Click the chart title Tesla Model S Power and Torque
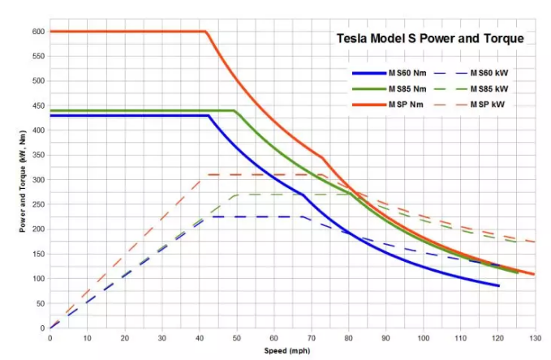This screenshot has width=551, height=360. (x=430, y=38)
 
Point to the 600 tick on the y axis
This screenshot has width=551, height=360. (x=37, y=32)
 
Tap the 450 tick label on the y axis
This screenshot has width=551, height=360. (x=37, y=105)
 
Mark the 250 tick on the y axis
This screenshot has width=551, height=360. (x=37, y=204)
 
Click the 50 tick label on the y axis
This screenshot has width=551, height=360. (x=39, y=303)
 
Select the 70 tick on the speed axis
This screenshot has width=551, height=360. (x=311, y=337)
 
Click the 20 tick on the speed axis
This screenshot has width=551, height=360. (x=124, y=337)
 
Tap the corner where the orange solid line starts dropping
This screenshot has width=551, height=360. (x=206, y=32)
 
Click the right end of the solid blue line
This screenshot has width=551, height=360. (x=498, y=285)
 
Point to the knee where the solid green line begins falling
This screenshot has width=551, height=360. (x=235, y=110)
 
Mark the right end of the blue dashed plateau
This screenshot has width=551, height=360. (x=301, y=216)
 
